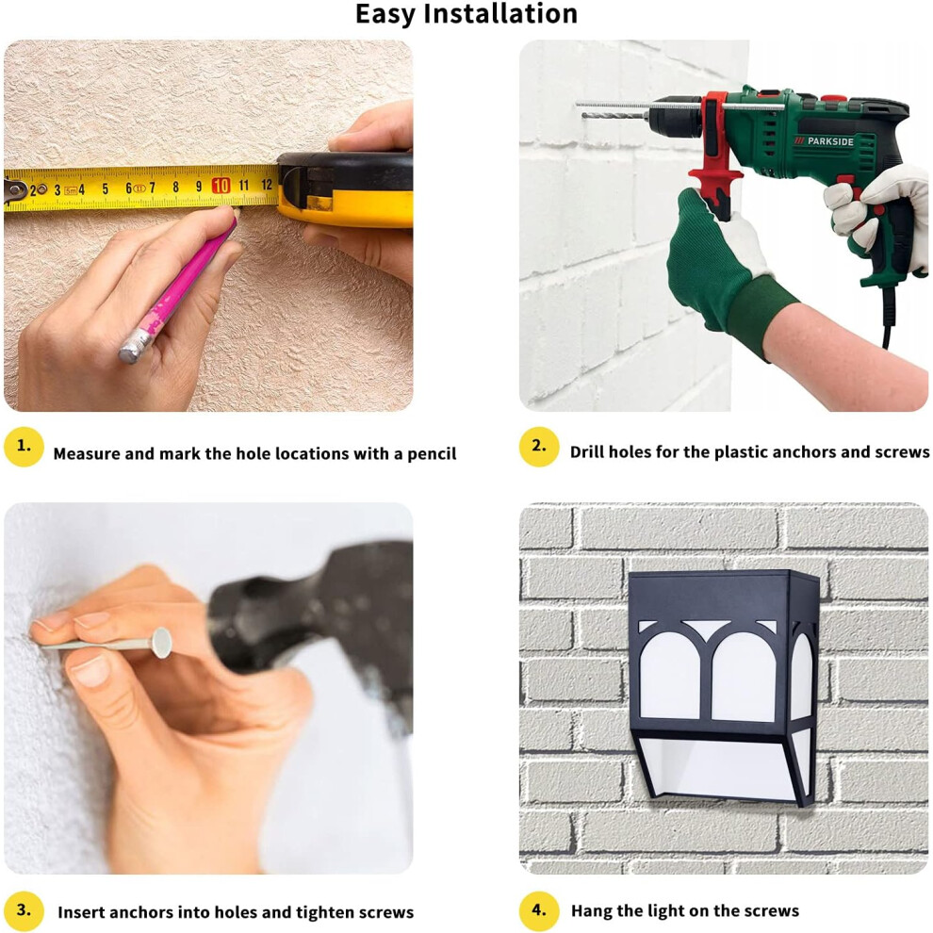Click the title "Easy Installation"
(466, 14)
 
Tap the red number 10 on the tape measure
(221, 186)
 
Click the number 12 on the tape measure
(267, 185)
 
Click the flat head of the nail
(161, 643)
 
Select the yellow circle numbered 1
(24, 447)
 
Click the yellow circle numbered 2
(539, 447)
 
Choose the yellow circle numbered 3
(24, 910)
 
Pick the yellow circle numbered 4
(539, 910)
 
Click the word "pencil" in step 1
(432, 454)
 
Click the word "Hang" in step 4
(592, 911)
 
